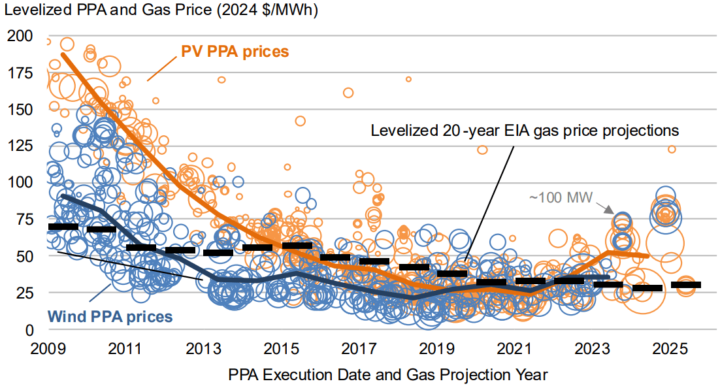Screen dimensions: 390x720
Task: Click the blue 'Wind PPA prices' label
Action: (x=119, y=317)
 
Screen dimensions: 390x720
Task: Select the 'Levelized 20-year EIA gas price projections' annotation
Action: (x=525, y=131)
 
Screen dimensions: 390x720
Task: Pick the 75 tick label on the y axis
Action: (x=20, y=220)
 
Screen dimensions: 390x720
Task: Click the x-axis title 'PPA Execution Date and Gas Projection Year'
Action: (x=388, y=375)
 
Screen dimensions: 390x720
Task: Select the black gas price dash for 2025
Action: (x=686, y=285)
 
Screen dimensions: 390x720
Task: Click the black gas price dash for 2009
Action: (x=63, y=227)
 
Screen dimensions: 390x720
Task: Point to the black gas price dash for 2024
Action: (x=647, y=288)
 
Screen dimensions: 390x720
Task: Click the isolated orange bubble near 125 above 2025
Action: (x=672, y=150)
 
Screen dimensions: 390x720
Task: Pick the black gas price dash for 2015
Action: (x=297, y=246)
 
